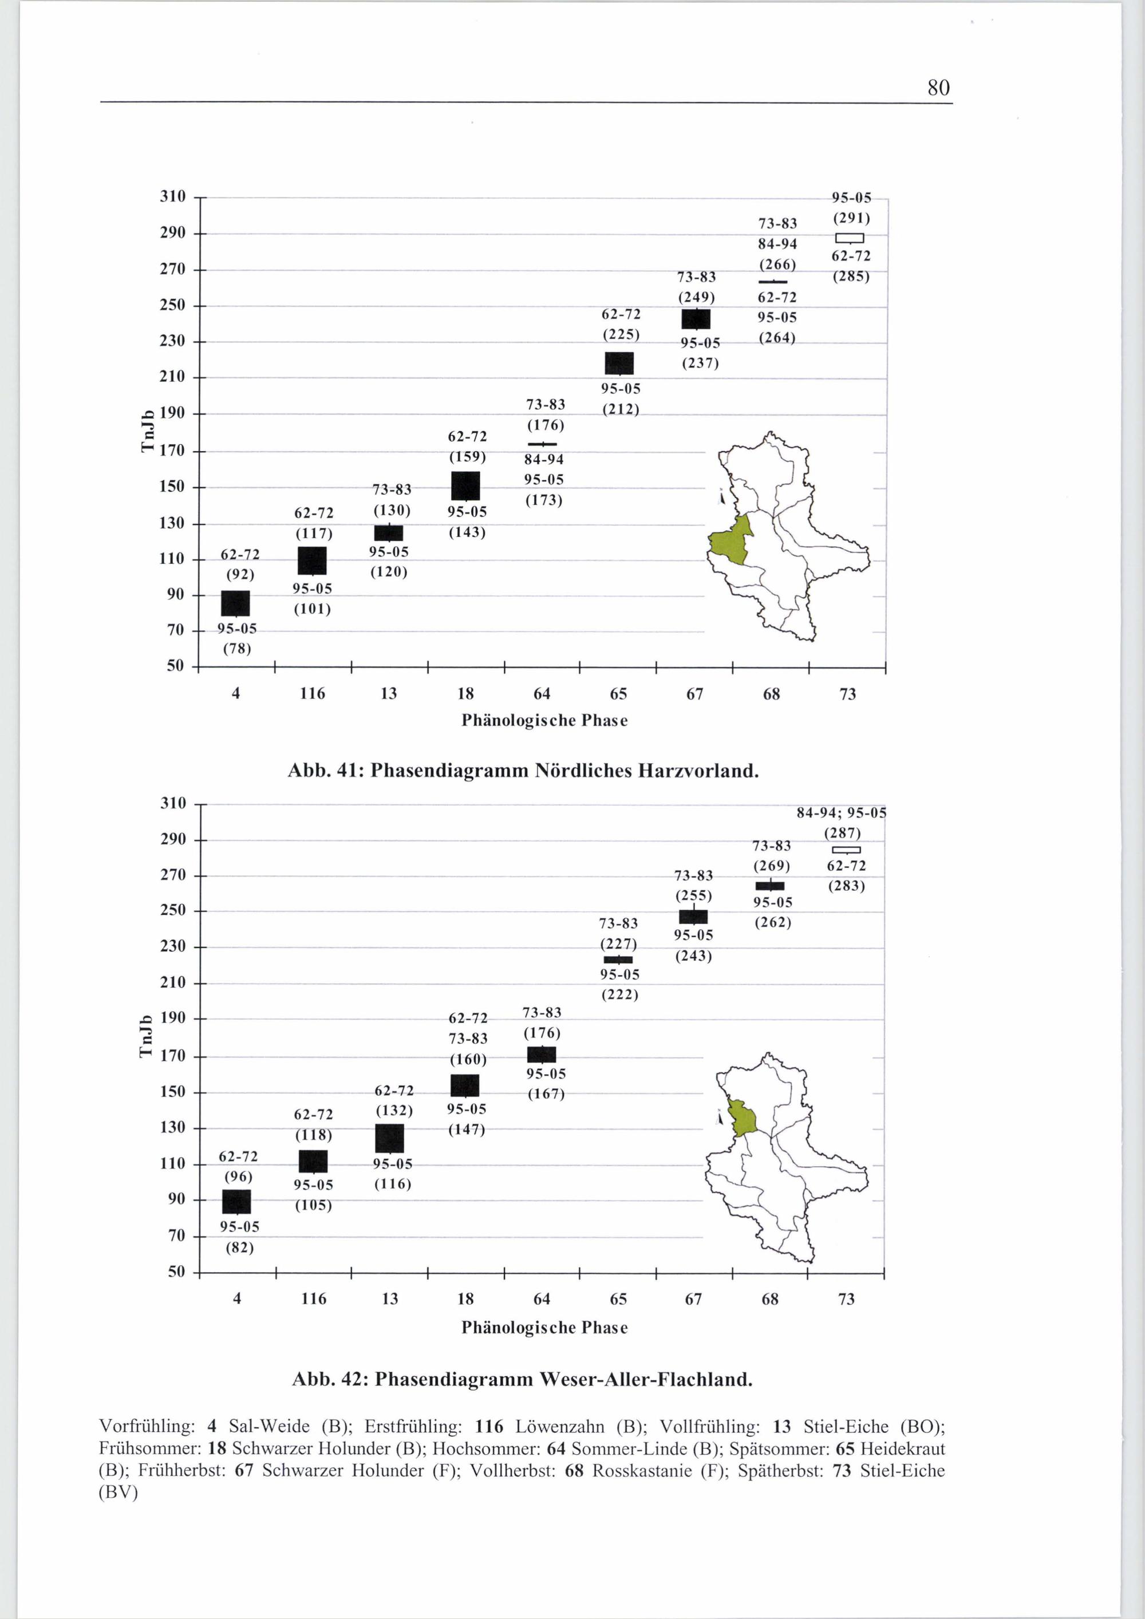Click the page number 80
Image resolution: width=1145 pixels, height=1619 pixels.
(x=938, y=88)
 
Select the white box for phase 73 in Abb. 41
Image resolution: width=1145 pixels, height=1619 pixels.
(x=849, y=238)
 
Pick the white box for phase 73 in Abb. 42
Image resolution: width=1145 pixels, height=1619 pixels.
(x=846, y=850)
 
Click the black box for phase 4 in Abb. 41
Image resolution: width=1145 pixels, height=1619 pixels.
(x=235, y=603)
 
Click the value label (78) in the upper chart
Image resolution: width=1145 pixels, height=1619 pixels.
(x=237, y=649)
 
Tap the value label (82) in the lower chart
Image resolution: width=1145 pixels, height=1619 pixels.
(x=239, y=1248)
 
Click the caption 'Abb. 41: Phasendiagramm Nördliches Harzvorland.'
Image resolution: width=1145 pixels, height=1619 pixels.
(x=523, y=770)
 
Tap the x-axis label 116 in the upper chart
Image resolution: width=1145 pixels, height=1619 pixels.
(x=313, y=694)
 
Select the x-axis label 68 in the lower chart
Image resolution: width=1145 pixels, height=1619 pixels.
(x=770, y=1299)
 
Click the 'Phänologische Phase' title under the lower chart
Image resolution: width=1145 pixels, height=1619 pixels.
(x=544, y=1327)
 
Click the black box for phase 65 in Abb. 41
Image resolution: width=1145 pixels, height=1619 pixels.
(x=619, y=363)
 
